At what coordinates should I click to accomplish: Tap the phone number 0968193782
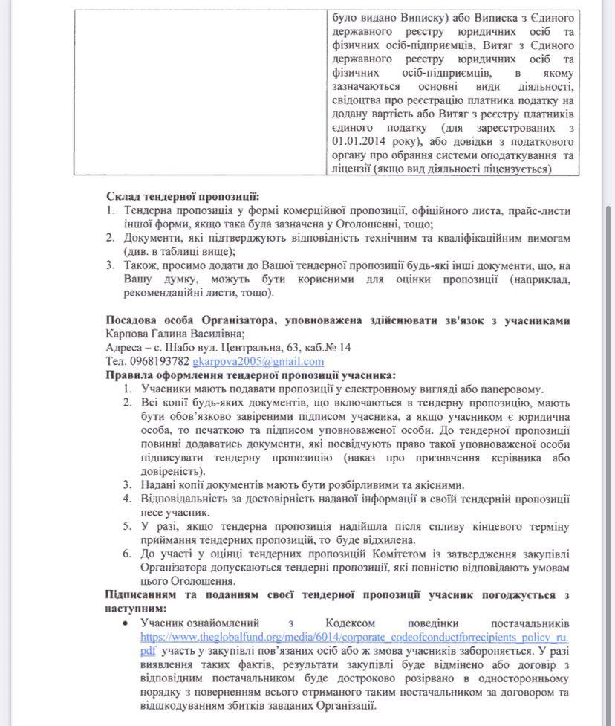[x=160, y=362]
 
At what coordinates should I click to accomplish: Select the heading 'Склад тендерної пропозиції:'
[x=182, y=197]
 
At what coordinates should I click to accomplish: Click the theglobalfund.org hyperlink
[x=334, y=637]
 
